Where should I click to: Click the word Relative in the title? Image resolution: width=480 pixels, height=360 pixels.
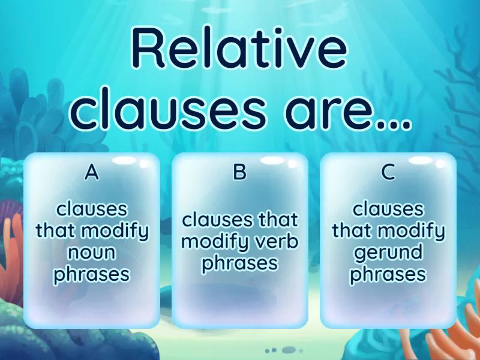[x=239, y=51]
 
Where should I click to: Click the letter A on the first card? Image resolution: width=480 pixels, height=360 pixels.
[x=91, y=172]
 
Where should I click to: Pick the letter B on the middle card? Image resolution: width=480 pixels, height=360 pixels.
[x=240, y=172]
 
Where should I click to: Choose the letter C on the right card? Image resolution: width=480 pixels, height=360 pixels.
[x=388, y=172]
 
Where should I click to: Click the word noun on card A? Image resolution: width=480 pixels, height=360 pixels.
[x=92, y=252]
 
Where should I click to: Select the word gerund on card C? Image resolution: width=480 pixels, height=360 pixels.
[x=388, y=252]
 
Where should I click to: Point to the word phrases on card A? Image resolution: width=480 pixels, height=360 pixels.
[x=92, y=274]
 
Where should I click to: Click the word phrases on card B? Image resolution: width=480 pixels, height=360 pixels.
[x=240, y=263]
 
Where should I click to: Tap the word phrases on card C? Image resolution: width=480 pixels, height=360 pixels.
[x=388, y=274]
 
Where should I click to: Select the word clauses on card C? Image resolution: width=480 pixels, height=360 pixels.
[x=388, y=209]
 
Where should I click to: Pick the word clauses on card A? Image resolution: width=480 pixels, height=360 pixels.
[x=92, y=209]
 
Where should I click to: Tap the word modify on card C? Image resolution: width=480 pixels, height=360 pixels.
[x=414, y=230]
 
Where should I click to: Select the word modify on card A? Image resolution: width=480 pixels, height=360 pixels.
[x=117, y=230]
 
